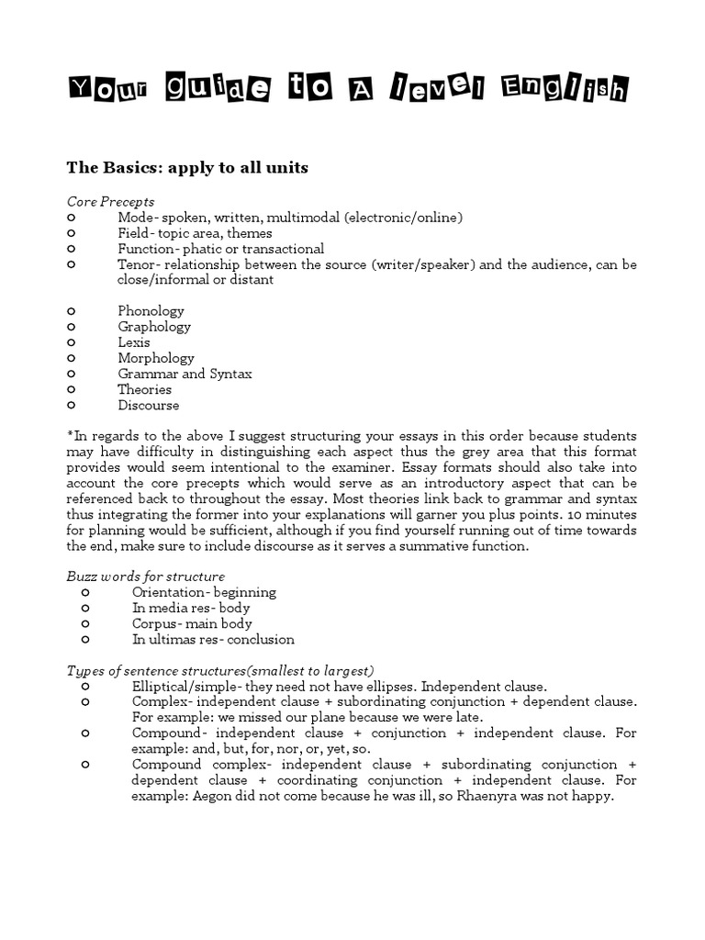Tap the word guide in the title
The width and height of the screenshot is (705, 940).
point(218,89)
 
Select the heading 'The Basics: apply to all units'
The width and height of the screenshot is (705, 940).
point(187,168)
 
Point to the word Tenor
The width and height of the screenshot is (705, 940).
point(137,264)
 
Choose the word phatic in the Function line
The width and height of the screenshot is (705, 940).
point(202,249)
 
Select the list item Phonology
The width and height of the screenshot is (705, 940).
point(151,311)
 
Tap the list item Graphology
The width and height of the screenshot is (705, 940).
point(154,327)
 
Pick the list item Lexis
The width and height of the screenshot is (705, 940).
point(134,342)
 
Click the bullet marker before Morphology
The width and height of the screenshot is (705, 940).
point(72,358)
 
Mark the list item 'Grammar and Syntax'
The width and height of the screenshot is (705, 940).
point(185,374)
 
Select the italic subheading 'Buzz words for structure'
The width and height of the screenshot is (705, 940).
point(145,576)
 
